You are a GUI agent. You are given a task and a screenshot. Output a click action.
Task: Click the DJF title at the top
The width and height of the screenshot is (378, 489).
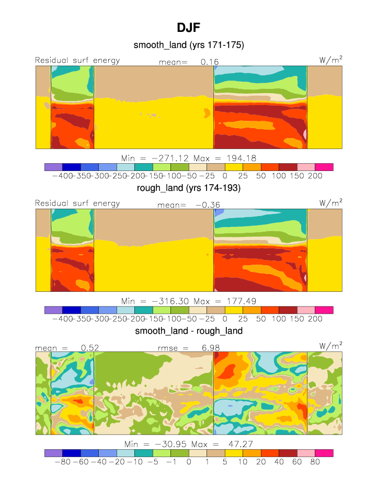(x=189, y=27)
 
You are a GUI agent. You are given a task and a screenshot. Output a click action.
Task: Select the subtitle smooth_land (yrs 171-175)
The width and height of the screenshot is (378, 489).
(x=189, y=46)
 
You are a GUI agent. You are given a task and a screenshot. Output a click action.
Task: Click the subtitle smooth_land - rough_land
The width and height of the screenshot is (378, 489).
(x=189, y=331)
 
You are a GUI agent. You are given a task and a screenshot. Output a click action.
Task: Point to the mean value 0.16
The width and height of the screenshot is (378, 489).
(x=210, y=62)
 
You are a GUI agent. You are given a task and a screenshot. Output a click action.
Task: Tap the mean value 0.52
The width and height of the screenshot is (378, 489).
(x=90, y=348)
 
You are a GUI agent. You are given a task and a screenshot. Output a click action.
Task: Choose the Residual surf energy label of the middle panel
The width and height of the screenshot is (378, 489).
(x=77, y=203)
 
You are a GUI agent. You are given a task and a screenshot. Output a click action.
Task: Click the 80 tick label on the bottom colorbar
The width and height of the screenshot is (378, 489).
(x=315, y=462)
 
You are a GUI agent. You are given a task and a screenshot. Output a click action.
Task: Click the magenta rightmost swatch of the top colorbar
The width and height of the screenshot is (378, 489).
(x=324, y=167)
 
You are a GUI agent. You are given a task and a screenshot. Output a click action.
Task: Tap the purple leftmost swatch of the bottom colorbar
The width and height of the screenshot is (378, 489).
(x=53, y=453)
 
